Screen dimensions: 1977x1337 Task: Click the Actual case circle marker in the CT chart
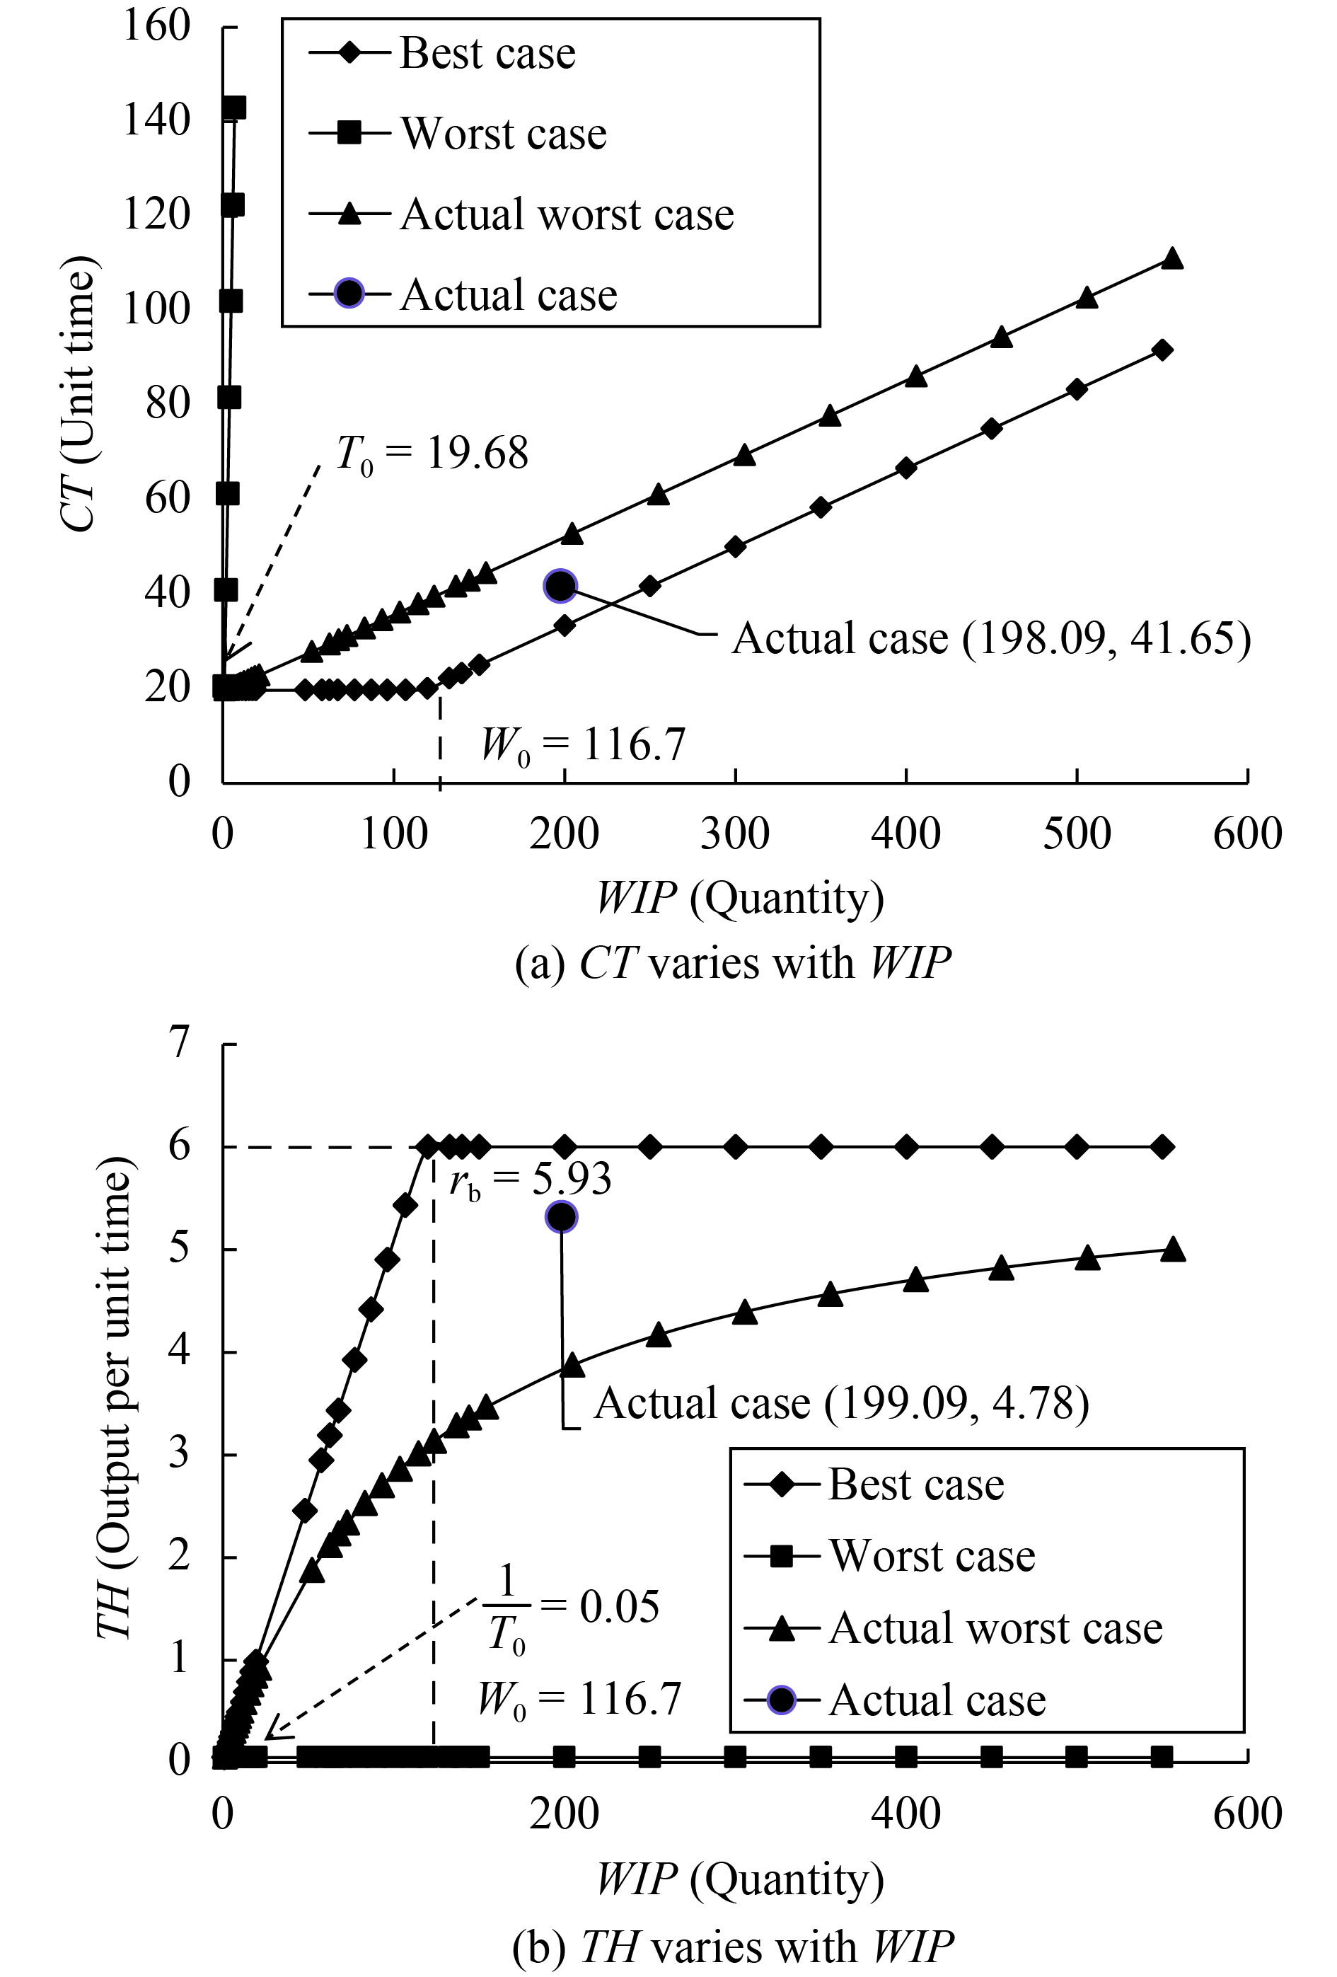(x=560, y=585)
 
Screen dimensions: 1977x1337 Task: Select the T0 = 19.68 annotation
(x=432, y=454)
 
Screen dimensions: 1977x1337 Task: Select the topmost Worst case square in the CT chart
(x=234, y=108)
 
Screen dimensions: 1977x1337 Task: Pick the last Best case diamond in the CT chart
(x=1163, y=350)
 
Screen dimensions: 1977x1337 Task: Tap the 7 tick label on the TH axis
(x=178, y=1044)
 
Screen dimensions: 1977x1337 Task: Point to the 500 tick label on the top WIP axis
(x=1077, y=834)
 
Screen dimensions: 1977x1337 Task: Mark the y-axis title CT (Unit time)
(x=81, y=400)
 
